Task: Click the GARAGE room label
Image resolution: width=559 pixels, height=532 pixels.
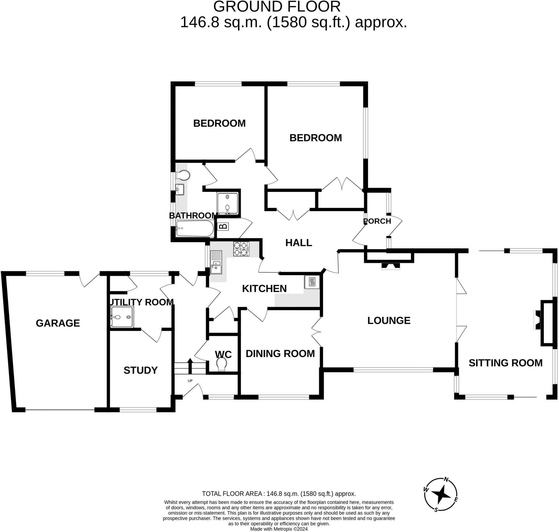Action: pyautogui.click(x=58, y=323)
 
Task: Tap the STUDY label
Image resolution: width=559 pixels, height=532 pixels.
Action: pyautogui.click(x=141, y=370)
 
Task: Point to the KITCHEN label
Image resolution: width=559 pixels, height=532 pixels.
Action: pyautogui.click(x=264, y=288)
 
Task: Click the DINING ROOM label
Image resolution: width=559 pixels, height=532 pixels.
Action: pyautogui.click(x=280, y=353)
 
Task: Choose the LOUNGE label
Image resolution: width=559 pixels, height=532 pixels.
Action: pyautogui.click(x=389, y=321)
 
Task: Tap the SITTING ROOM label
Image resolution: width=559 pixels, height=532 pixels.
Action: pyautogui.click(x=506, y=363)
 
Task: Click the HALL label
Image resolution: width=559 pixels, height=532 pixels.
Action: pyautogui.click(x=299, y=243)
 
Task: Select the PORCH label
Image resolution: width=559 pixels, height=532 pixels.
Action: pyautogui.click(x=377, y=221)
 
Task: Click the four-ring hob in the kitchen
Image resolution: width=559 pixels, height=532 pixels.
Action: pyautogui.click(x=241, y=249)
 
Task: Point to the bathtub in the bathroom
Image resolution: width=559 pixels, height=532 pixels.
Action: pyautogui.click(x=195, y=229)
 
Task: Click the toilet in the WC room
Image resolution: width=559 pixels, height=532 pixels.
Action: pyautogui.click(x=221, y=364)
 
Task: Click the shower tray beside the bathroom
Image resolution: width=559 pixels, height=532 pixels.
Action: pyautogui.click(x=227, y=204)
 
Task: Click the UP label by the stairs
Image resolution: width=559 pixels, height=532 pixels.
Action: pyautogui.click(x=190, y=381)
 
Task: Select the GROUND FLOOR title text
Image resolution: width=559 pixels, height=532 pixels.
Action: pyautogui.click(x=277, y=7)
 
